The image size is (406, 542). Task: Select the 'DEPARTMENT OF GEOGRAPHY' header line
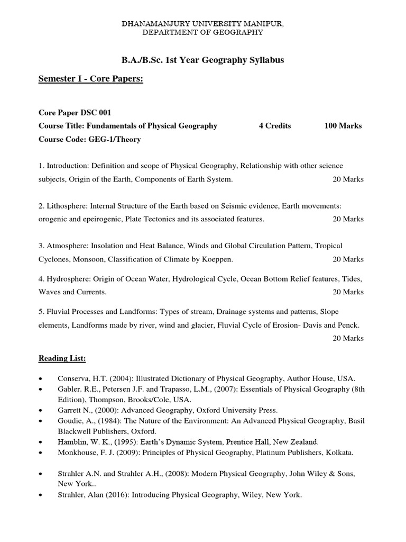203,33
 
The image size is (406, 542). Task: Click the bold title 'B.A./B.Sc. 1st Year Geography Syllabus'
203,60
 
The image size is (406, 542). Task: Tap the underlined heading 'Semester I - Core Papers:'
91,79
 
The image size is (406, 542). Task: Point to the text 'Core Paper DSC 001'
75,113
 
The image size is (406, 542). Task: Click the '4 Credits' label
275,126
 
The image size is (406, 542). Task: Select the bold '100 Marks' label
343,126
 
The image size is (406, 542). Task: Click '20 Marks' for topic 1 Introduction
348,179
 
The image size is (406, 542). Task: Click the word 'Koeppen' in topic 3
218,259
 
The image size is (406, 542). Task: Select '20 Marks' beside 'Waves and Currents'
348,292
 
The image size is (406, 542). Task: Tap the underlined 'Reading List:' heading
62,358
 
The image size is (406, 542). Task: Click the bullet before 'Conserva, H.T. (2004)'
41,379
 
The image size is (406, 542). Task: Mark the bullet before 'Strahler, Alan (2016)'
41,496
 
